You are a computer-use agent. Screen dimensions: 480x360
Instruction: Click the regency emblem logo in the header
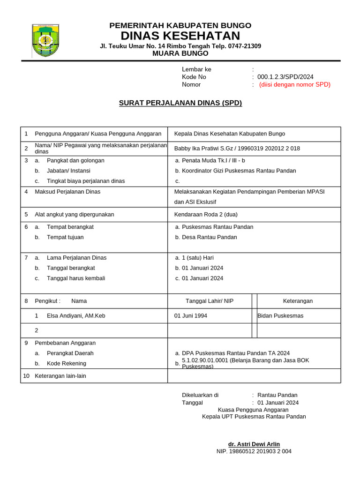[x=45, y=40]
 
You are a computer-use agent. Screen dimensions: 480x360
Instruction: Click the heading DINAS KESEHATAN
[x=180, y=36]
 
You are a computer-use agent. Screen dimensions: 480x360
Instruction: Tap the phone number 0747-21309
[x=242, y=46]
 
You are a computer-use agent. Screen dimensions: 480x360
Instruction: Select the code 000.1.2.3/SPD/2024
[x=285, y=77]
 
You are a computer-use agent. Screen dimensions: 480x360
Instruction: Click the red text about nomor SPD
[x=294, y=84]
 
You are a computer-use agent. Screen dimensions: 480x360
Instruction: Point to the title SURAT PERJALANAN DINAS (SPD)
[x=180, y=103]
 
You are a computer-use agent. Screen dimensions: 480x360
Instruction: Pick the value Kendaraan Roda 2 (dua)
[x=206, y=215]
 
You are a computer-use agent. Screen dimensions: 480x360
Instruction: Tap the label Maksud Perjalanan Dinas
[x=67, y=192]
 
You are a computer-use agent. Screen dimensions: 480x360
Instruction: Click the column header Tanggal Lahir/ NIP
[x=210, y=301]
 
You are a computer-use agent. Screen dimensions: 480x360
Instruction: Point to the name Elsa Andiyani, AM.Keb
[x=76, y=316]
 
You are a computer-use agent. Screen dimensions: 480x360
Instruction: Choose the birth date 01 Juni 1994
[x=191, y=316]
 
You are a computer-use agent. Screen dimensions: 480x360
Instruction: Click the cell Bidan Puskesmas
[x=280, y=316]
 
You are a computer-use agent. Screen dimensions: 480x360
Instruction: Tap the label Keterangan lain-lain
[x=60, y=376]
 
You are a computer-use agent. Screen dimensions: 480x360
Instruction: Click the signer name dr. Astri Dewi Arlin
[x=254, y=444]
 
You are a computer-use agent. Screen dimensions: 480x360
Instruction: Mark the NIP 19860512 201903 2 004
[x=254, y=451]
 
